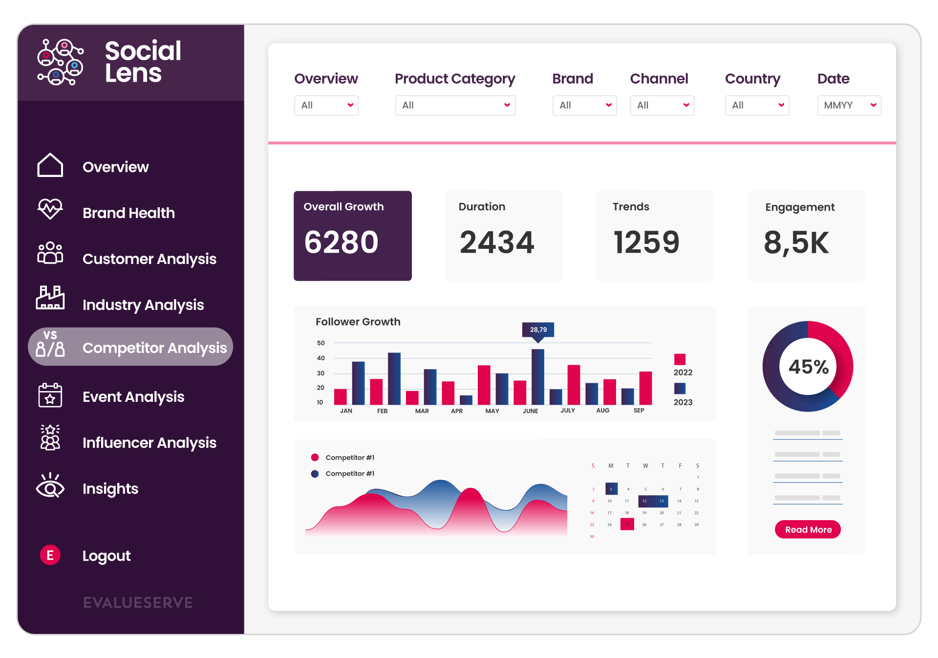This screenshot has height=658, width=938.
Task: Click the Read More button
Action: [x=808, y=529]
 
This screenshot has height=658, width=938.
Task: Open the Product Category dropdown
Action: [x=455, y=105]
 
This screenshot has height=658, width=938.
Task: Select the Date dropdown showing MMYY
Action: [x=849, y=105]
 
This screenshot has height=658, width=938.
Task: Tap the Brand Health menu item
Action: [x=128, y=213]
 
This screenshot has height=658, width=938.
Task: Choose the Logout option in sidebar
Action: [x=106, y=556]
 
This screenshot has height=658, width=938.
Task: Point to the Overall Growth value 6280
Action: [x=341, y=242]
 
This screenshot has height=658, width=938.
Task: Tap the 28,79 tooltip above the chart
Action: [x=538, y=329]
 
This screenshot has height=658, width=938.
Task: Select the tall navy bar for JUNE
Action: [x=537, y=376]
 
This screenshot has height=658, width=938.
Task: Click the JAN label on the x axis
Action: [x=346, y=411]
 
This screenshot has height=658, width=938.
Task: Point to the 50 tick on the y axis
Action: [x=320, y=343]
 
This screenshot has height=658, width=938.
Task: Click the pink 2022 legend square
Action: [x=680, y=359]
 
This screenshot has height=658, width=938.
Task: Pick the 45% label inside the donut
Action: [x=808, y=367]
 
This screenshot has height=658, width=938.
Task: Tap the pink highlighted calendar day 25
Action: [x=627, y=525]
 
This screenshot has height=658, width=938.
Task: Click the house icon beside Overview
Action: [x=50, y=165]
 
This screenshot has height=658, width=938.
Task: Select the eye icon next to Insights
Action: [x=50, y=487]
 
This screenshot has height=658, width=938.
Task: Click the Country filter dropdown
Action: [x=756, y=105]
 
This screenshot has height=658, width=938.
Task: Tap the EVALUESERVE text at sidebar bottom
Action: [x=138, y=603]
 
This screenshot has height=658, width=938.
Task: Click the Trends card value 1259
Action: [x=646, y=242]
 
